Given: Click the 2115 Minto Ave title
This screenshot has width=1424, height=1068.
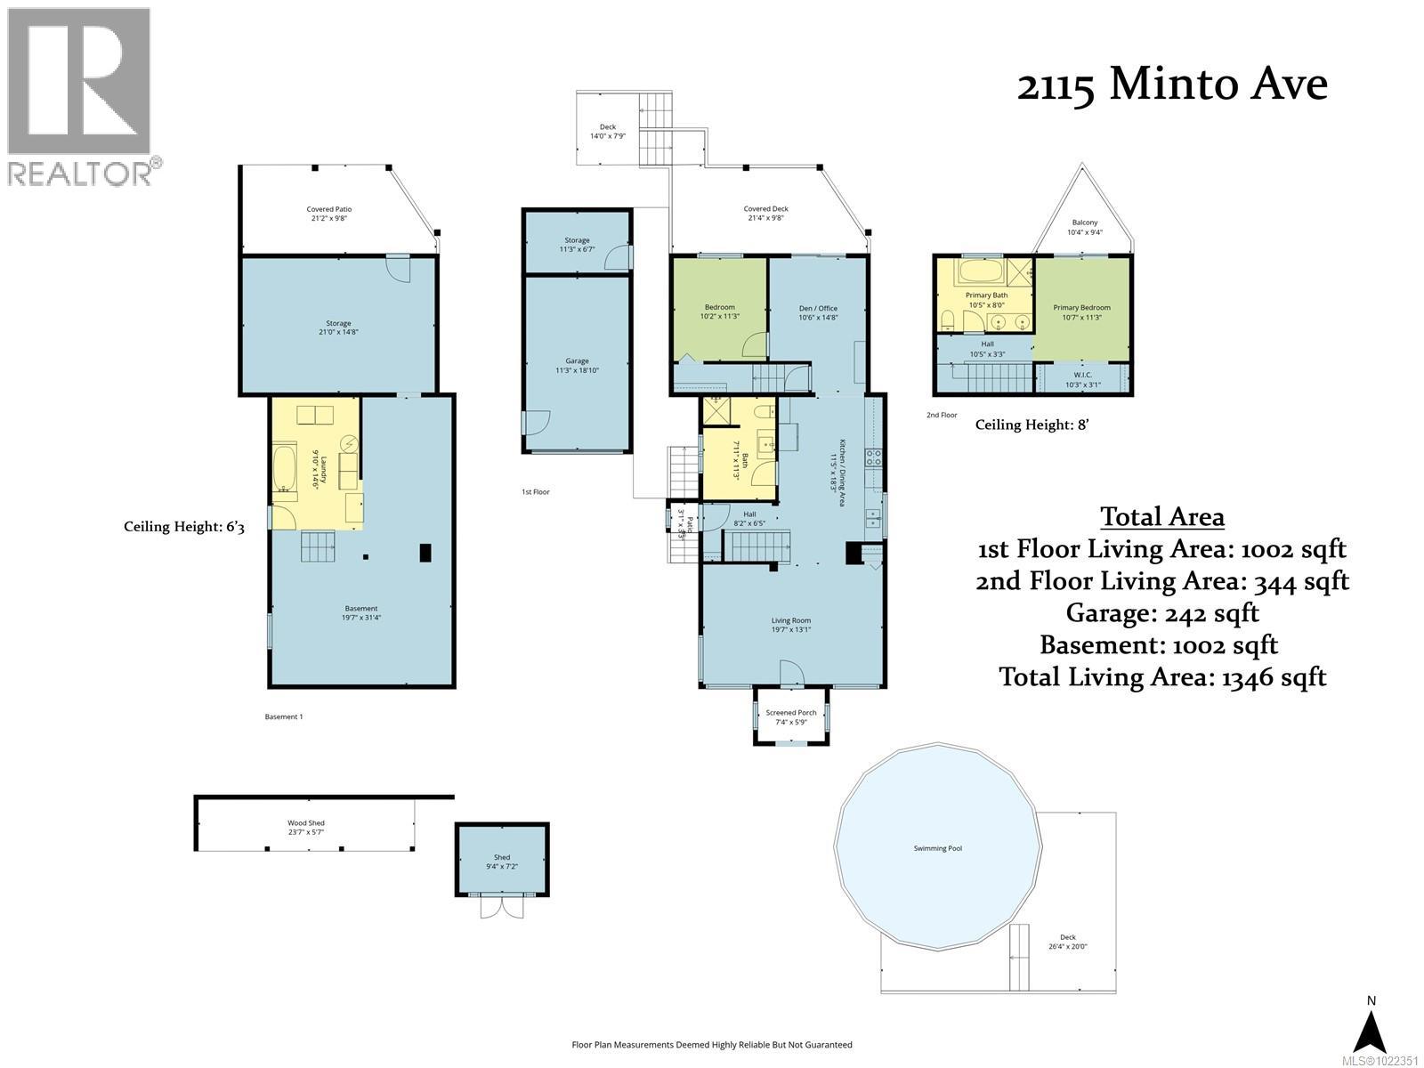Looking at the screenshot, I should [1171, 85].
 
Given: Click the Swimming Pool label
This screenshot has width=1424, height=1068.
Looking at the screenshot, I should [937, 848].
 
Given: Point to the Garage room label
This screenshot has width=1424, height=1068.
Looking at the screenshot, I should [577, 366].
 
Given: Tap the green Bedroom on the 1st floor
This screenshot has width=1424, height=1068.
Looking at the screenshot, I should [719, 311].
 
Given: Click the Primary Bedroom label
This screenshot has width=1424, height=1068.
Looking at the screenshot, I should [1081, 311].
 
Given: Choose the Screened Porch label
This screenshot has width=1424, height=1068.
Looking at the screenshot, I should [790, 716].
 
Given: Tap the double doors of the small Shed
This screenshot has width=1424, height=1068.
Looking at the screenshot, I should [502, 906].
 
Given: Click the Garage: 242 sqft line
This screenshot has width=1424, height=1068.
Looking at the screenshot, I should [1162, 612].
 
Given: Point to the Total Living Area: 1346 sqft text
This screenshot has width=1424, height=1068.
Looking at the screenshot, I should [1162, 676].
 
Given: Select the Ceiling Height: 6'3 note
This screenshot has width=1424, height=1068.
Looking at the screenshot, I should [183, 527].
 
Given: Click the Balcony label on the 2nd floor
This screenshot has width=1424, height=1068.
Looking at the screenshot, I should [1084, 227].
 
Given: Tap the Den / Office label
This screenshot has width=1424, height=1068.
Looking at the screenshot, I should [817, 312].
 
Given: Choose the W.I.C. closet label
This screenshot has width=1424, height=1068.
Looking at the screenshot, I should [1082, 379].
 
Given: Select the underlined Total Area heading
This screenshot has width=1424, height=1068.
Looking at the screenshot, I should [1162, 516].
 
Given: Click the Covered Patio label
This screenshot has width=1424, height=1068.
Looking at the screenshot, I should [328, 214].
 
